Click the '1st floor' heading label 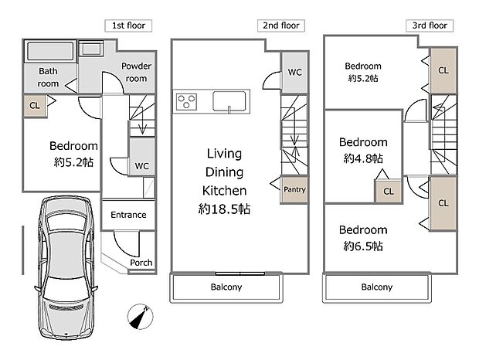(x=127, y=25)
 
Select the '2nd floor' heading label (x=279, y=25)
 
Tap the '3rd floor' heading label (x=430, y=25)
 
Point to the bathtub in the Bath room (x=50, y=53)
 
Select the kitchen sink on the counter (x=229, y=101)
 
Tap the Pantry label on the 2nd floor (x=294, y=189)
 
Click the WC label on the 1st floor (x=141, y=165)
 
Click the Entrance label (x=128, y=215)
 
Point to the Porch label (x=141, y=263)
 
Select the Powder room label (x=137, y=72)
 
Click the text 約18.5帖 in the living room (x=224, y=209)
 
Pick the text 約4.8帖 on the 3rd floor (x=363, y=158)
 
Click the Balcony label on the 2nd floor (x=226, y=287)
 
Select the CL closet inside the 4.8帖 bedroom (x=387, y=191)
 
